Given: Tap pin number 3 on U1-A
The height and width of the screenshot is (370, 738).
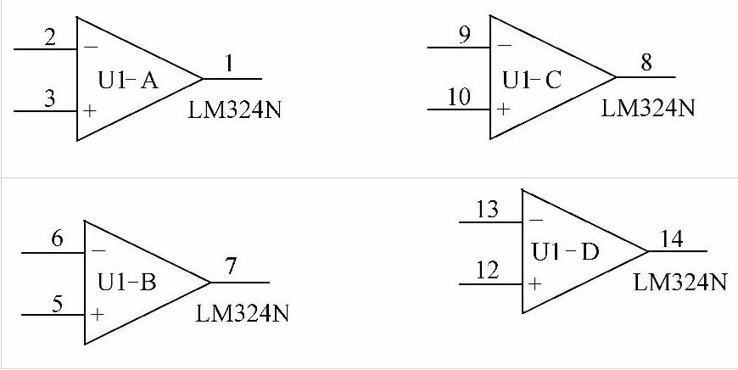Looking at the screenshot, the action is (49, 100).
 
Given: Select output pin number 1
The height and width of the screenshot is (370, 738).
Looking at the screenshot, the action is (230, 64).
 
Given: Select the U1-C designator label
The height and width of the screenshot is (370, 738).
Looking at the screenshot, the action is (532, 81).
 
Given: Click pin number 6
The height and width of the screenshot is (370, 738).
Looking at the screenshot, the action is (57, 240).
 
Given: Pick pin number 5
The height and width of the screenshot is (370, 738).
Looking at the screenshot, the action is (57, 302).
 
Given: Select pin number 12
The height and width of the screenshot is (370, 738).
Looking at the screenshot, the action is (487, 272).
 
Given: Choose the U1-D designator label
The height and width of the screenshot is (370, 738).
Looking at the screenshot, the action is (566, 252).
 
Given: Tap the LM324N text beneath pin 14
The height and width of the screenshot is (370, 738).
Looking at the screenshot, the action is (679, 283).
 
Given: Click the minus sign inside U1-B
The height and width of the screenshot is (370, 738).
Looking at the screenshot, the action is (98, 252).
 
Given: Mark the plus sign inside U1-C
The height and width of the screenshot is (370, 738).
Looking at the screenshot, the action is (504, 109).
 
